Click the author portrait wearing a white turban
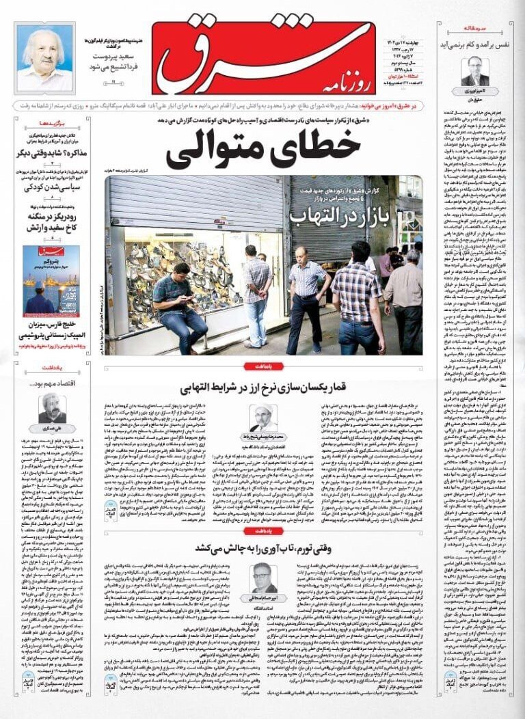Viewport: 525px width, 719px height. pos(263,418)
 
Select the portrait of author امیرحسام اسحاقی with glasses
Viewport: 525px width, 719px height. pos(263,578)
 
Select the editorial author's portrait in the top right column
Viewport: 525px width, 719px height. pos(474,70)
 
